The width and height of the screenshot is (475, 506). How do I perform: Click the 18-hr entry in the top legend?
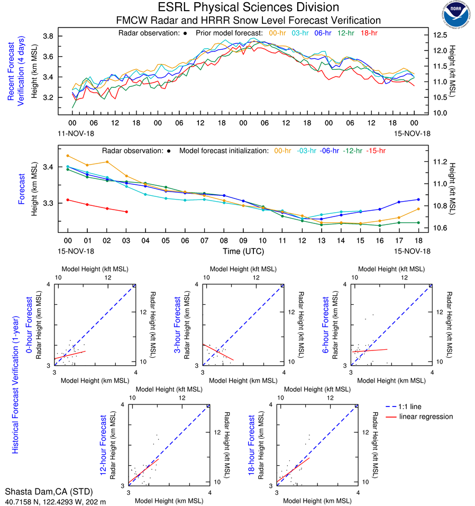368,33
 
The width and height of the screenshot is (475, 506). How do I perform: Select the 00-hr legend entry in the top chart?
278,33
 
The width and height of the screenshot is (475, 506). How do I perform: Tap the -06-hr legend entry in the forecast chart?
328,150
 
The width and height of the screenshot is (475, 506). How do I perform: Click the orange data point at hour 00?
68,156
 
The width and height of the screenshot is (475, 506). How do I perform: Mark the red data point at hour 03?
126,212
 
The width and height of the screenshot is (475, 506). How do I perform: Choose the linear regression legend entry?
426,417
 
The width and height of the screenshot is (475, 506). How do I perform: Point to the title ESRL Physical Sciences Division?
248,7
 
